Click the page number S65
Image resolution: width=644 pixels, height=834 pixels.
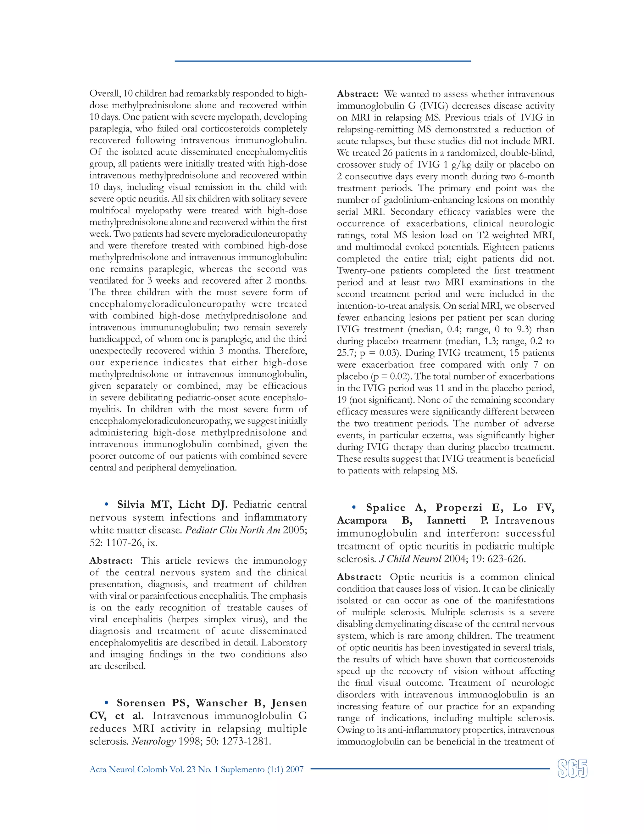click(572, 768)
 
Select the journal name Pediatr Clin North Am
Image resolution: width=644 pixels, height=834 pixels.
click(232, 530)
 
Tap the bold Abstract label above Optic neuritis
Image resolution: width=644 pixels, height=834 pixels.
click(358, 577)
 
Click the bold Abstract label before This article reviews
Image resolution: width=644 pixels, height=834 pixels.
click(111, 561)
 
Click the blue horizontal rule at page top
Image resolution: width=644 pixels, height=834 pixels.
click(322, 61)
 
